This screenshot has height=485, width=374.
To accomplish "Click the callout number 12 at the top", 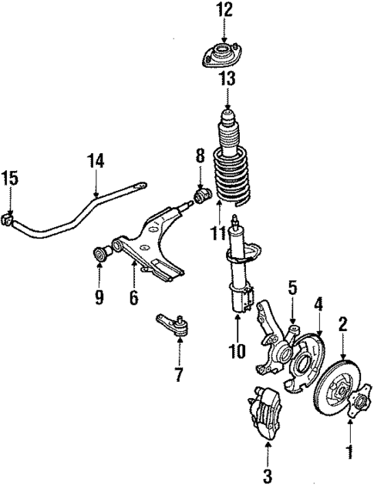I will coord(224,11).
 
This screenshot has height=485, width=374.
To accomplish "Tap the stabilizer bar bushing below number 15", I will coord(10,219).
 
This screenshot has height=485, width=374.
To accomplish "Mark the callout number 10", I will coord(237,351).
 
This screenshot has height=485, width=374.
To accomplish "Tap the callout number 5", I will coord(292,289).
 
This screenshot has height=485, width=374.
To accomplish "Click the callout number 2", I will coord(344,323).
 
